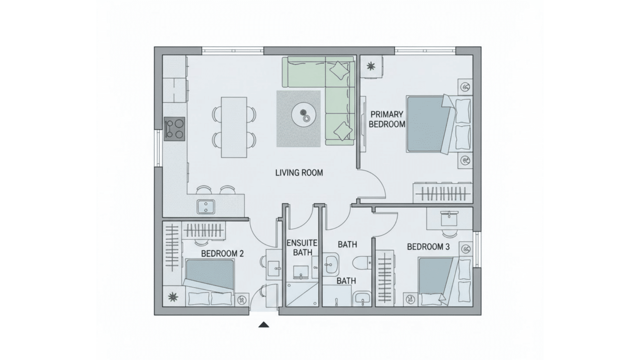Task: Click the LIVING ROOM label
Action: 299,172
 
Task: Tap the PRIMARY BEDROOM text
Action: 387,119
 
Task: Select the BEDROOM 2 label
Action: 222,253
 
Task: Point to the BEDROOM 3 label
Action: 428,247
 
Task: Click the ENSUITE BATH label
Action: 302,247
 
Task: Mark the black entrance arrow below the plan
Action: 263,325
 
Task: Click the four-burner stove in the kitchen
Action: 174,128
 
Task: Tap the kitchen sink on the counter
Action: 205,206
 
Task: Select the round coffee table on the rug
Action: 304,114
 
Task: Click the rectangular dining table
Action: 233,127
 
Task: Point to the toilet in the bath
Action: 362,263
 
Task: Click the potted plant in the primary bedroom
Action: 370,66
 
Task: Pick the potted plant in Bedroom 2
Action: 172,297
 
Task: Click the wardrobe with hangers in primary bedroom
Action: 442,193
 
